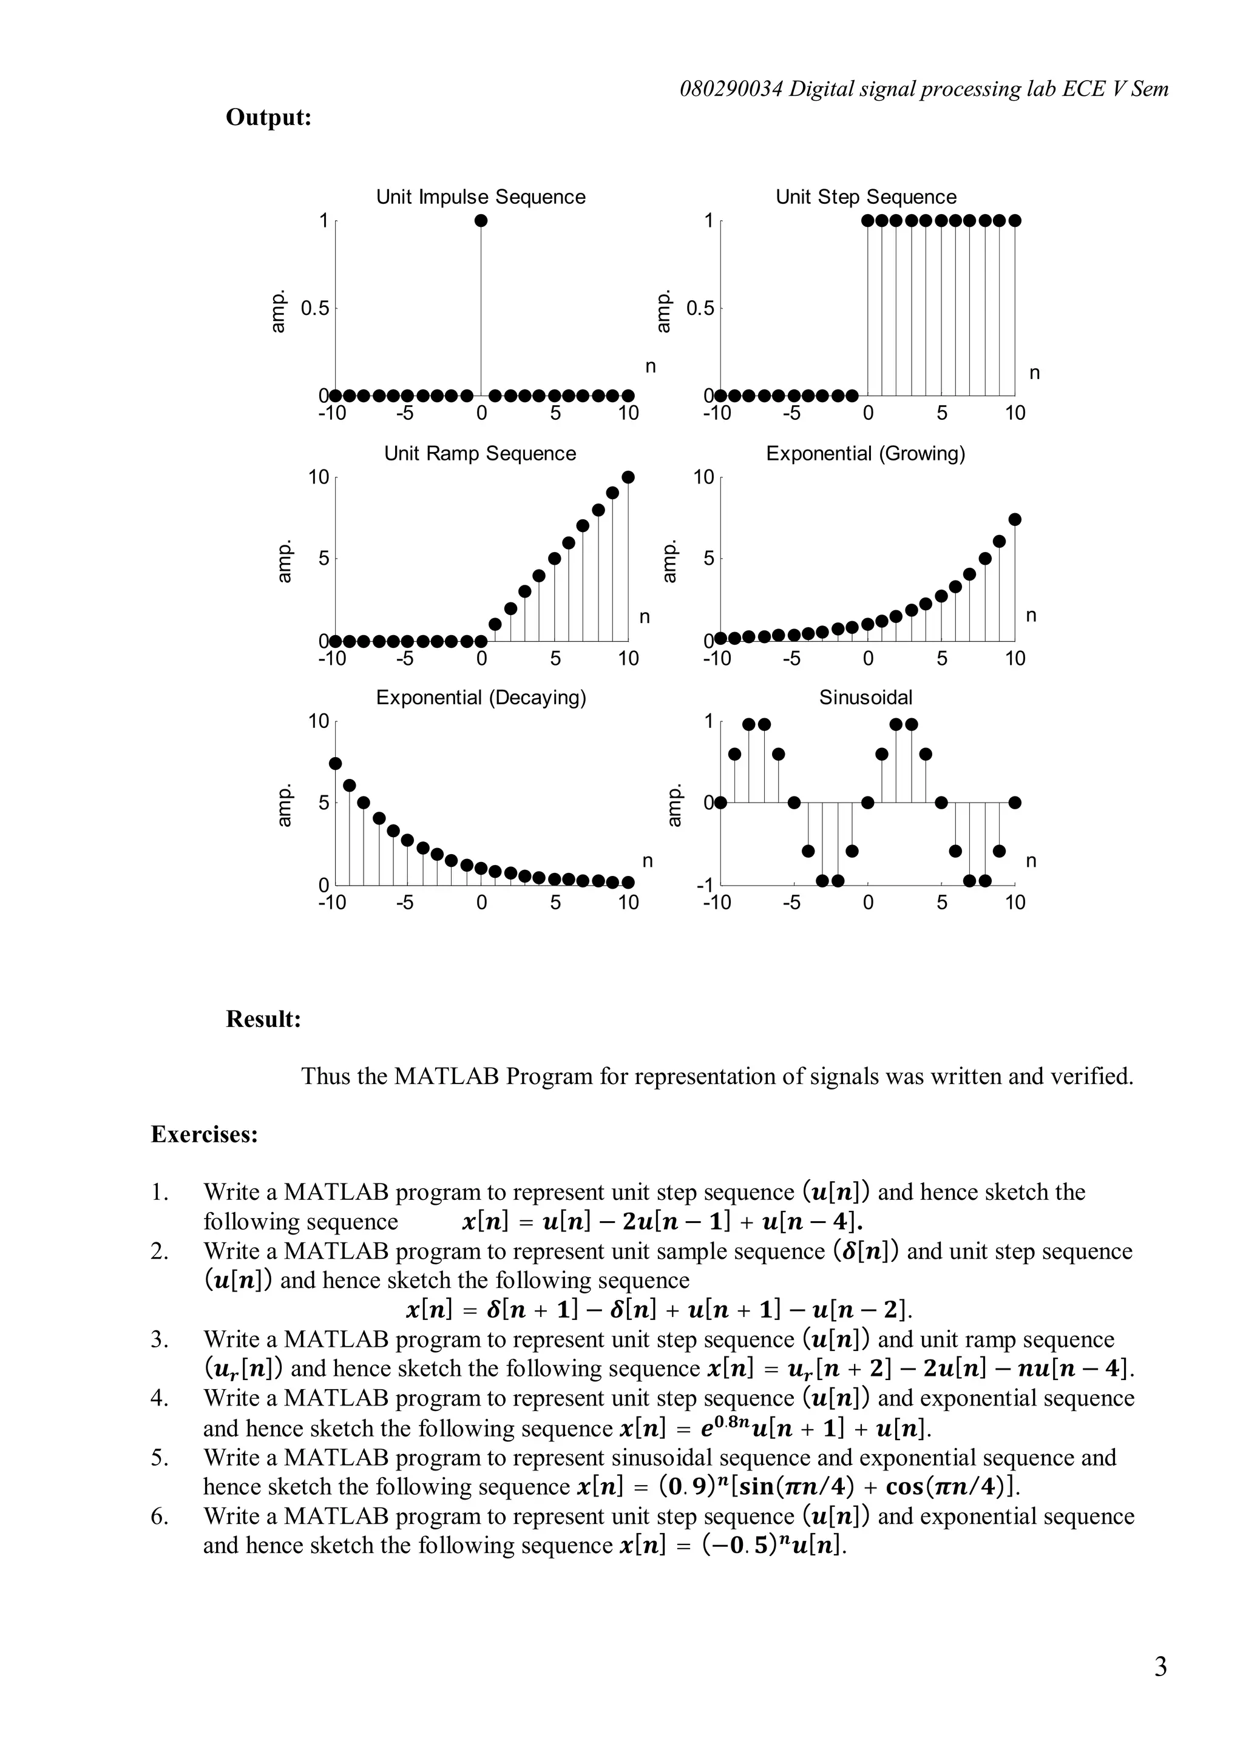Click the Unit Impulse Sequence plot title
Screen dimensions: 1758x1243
click(480, 197)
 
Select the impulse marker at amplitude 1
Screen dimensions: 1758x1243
click(481, 221)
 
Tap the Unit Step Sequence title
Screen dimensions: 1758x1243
click(865, 197)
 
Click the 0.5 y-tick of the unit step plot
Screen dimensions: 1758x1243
click(700, 309)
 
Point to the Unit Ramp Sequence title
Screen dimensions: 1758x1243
click(479, 453)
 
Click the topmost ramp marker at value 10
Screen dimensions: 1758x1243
click(628, 477)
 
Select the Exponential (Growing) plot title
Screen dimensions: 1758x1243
click(865, 453)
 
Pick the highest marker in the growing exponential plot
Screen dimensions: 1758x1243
click(1015, 519)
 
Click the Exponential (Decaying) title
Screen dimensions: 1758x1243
click(481, 698)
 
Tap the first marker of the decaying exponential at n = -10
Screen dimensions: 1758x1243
click(334, 763)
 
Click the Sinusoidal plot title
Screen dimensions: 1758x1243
click(865, 698)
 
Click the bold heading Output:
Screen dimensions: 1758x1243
click(268, 117)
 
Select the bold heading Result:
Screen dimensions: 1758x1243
click(263, 1019)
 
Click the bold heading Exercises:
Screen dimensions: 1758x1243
click(205, 1134)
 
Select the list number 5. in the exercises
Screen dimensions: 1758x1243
click(158, 1458)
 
